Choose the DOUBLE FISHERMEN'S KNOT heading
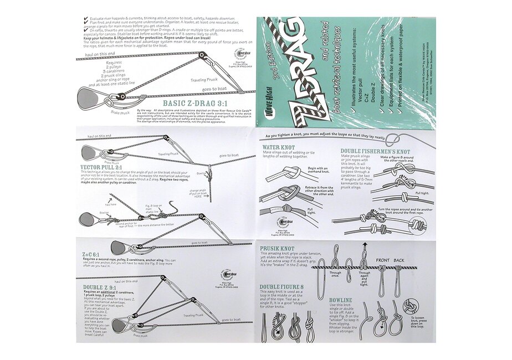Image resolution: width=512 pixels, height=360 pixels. pos(376,151)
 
